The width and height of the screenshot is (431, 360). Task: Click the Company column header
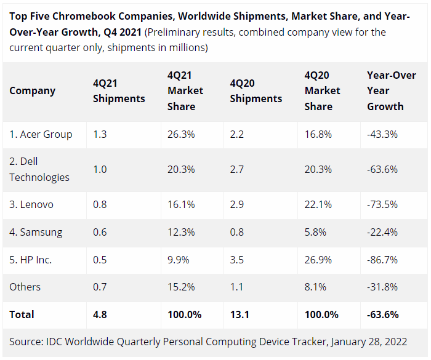click(32, 90)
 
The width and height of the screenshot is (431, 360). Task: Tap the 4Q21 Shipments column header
click(119, 90)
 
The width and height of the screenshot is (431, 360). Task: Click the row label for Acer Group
click(41, 134)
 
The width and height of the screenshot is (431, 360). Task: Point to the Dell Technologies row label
click(39, 169)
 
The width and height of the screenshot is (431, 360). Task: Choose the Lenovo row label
click(31, 204)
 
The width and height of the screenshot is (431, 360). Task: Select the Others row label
click(25, 287)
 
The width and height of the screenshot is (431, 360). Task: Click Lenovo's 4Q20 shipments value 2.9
click(237, 204)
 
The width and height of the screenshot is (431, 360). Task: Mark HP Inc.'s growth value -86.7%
click(382, 260)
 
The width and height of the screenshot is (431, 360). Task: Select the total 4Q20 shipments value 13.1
click(239, 314)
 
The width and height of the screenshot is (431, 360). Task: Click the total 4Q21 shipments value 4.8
click(100, 314)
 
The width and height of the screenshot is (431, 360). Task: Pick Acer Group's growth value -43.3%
click(382, 134)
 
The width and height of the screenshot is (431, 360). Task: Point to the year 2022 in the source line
click(394, 342)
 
